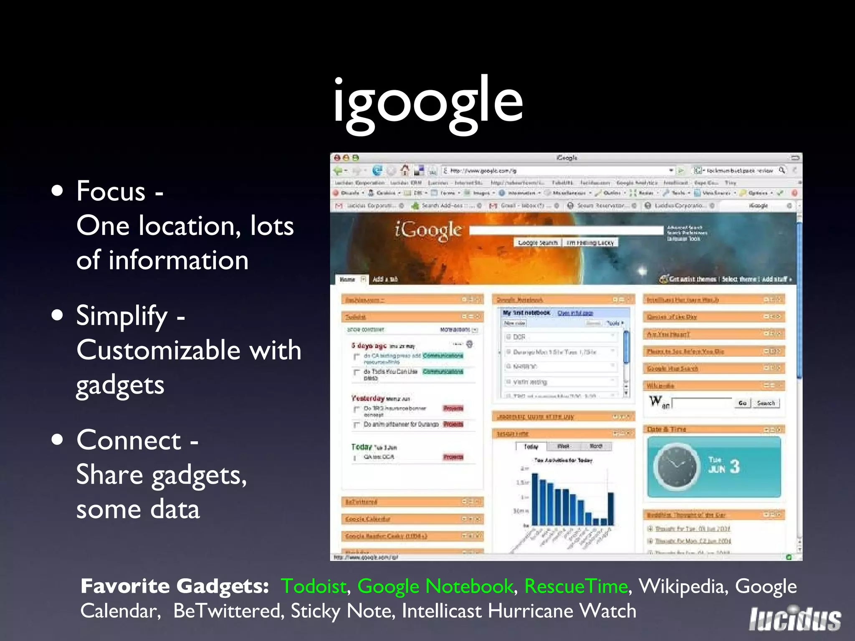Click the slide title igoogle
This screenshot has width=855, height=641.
(427, 102)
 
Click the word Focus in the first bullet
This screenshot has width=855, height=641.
(111, 192)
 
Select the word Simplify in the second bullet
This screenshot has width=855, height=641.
(121, 316)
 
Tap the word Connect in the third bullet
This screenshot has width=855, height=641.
(129, 440)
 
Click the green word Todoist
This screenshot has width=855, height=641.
(314, 586)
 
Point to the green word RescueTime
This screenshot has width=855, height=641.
(576, 586)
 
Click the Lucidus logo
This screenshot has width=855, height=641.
(794, 619)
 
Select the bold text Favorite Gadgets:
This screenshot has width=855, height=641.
(175, 586)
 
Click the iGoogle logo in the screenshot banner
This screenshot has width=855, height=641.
(428, 230)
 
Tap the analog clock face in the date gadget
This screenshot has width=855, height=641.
(675, 467)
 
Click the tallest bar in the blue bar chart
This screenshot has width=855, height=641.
(535, 499)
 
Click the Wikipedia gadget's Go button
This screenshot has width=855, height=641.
(742, 403)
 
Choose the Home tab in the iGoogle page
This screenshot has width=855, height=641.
(347, 279)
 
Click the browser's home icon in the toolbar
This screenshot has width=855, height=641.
(405, 170)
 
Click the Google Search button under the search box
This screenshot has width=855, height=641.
(538, 242)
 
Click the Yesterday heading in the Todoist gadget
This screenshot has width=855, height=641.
(367, 398)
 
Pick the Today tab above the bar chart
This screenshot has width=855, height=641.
(531, 447)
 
